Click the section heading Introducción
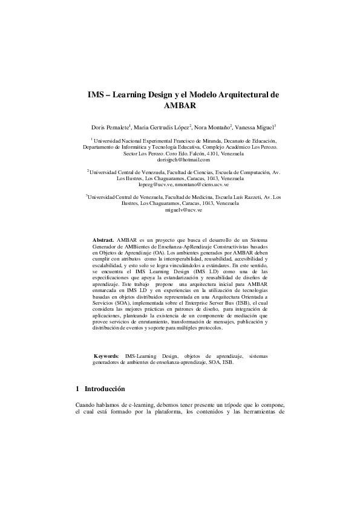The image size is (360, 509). pos(105,388)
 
